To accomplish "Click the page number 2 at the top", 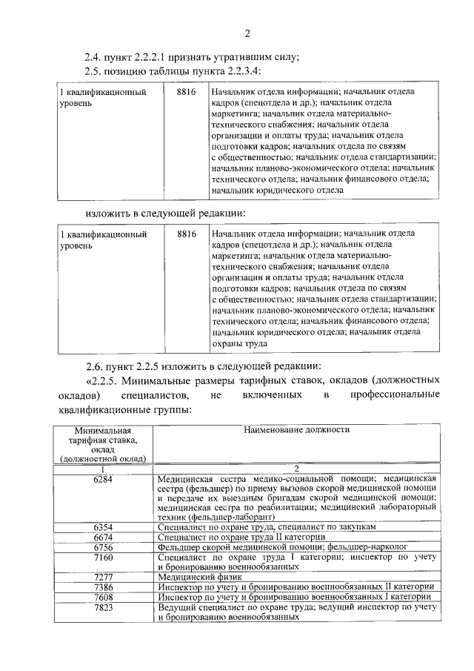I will (248, 33).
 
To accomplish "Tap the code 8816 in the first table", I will (187, 91).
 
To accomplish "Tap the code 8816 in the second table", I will (187, 234).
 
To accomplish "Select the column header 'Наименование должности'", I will (296, 429).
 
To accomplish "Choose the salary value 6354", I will (103, 526).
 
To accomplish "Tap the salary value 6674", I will (103, 537).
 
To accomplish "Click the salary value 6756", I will (103, 546).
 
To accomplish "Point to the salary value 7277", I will (103, 576).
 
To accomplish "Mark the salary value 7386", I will (103, 586).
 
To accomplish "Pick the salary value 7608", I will (103, 596).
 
